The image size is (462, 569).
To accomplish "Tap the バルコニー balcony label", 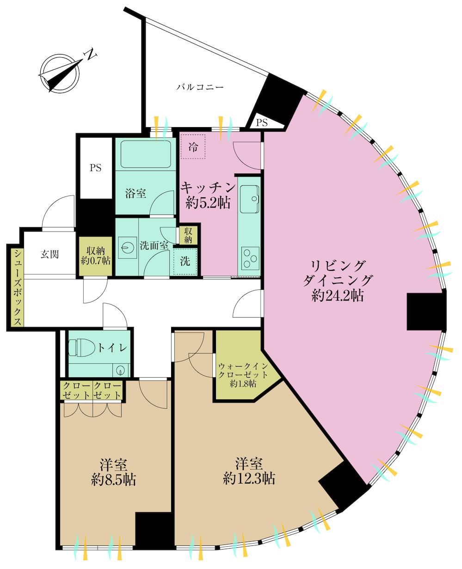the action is pyautogui.click(x=200, y=87).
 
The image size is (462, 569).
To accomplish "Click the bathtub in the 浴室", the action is pyautogui.click(x=146, y=154).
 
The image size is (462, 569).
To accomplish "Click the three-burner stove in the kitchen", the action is pyautogui.click(x=250, y=258).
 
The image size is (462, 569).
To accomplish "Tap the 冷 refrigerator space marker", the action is pyautogui.click(x=193, y=147).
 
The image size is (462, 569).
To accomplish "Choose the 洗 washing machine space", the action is pyautogui.click(x=185, y=261).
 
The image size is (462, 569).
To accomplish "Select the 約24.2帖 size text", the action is pyautogui.click(x=338, y=296).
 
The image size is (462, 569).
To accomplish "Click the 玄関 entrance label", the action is pyautogui.click(x=49, y=254).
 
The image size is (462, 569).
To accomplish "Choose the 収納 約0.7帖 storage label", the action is pyautogui.click(x=96, y=256).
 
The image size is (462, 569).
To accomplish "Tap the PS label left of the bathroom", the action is pyautogui.click(x=96, y=168).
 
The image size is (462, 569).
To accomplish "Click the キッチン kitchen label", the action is pyautogui.click(x=208, y=188).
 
